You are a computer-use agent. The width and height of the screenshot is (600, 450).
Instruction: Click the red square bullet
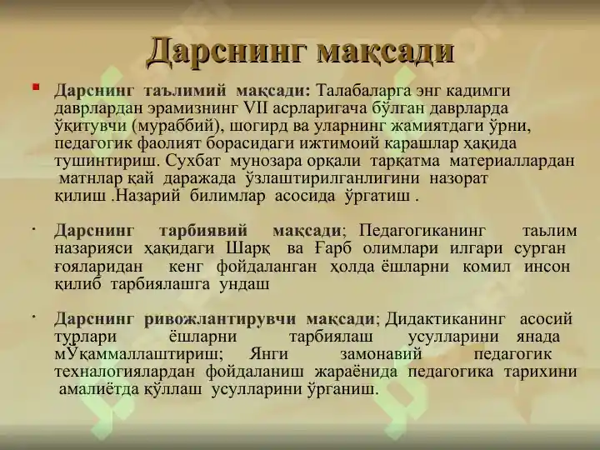(36, 87)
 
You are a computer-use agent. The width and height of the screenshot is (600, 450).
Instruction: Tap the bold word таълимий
(185, 91)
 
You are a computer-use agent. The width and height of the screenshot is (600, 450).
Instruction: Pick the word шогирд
(259, 127)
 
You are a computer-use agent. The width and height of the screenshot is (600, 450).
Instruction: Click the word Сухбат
(193, 162)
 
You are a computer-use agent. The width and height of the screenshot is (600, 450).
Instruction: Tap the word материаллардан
(512, 162)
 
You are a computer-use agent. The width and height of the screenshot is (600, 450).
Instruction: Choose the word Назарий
(148, 197)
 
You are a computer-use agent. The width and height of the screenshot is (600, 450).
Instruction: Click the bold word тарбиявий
(203, 231)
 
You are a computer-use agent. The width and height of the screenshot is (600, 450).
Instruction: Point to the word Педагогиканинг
(422, 231)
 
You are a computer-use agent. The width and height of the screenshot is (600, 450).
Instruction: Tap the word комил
(487, 267)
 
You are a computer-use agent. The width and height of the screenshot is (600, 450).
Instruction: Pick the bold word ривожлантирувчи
(220, 319)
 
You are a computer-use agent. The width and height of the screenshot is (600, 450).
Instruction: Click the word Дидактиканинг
(445, 319)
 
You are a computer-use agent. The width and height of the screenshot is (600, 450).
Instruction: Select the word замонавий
(381, 354)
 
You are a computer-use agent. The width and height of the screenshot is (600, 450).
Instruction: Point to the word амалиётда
(98, 389)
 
